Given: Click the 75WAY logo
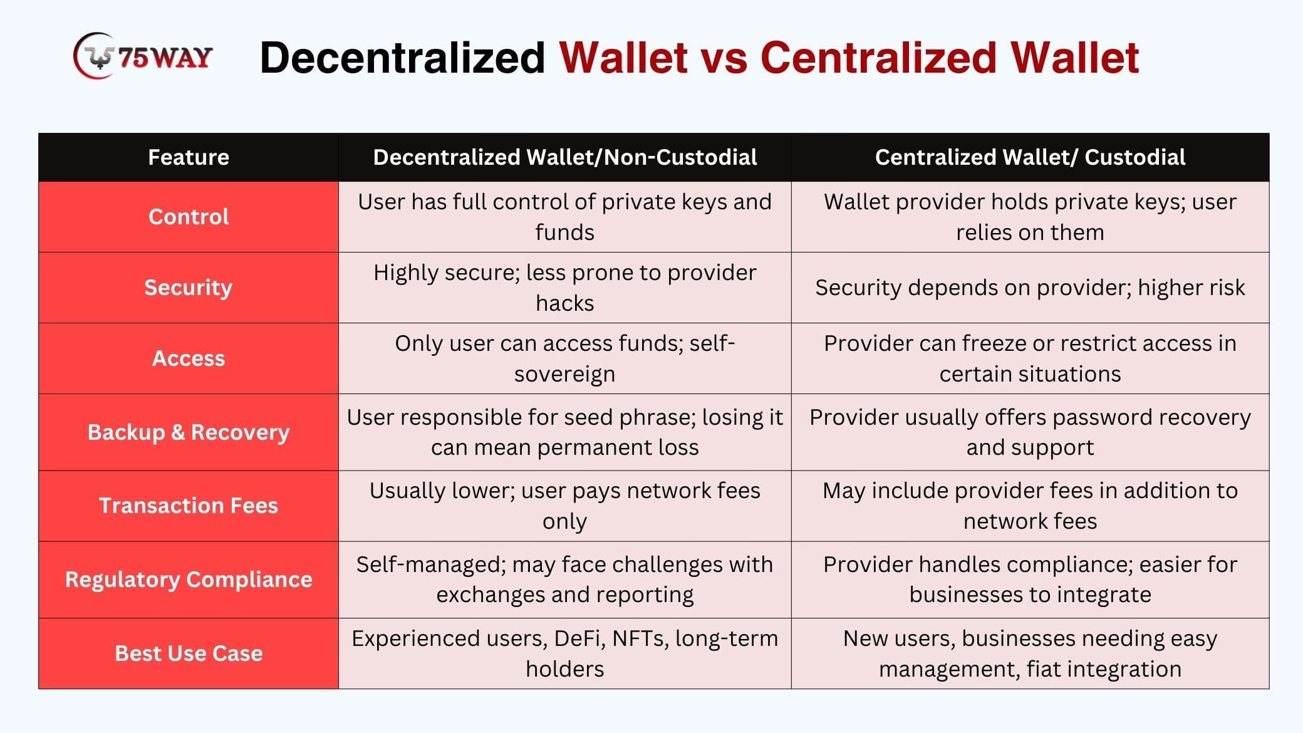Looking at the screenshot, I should (x=143, y=56).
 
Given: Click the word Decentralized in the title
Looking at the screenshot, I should (x=402, y=58).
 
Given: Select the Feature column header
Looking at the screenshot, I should (x=189, y=157).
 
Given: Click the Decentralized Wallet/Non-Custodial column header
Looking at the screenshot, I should (x=564, y=157).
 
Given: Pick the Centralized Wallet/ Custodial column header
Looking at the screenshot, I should (x=1030, y=157).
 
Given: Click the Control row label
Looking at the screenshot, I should (x=189, y=217).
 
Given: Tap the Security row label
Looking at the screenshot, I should (x=189, y=288).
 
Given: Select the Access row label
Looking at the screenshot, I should (x=189, y=358).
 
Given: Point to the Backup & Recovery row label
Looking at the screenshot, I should (x=189, y=432).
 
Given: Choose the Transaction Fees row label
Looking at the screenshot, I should (x=189, y=506).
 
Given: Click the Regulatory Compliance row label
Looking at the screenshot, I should (x=189, y=580).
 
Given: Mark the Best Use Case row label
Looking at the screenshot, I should (x=189, y=653).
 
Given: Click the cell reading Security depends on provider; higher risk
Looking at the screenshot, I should (x=1030, y=288).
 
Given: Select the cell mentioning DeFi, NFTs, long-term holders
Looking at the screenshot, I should (x=564, y=653).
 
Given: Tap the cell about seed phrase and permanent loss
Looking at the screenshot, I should (x=564, y=432).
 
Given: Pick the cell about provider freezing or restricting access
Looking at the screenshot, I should (x=1030, y=358).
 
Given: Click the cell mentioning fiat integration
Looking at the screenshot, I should (x=1030, y=653).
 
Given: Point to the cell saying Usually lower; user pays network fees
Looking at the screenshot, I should (x=564, y=506).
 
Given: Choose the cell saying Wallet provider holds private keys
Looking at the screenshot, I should (x=1030, y=217).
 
